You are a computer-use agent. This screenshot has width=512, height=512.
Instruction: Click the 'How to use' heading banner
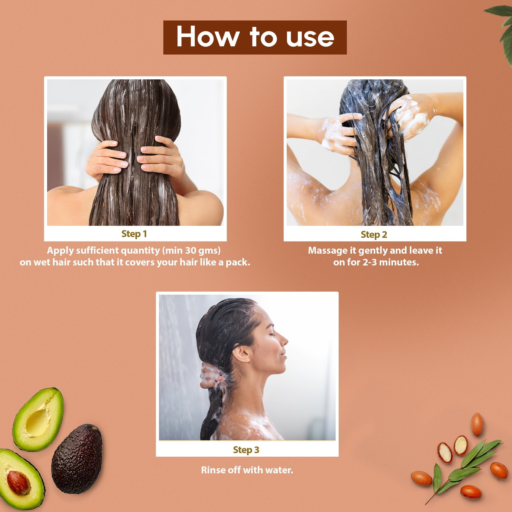255,37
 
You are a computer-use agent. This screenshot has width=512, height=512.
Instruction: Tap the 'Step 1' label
134,234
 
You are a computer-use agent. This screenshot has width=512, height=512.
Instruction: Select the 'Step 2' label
374,234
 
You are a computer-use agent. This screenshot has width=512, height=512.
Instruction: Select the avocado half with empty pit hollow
38,419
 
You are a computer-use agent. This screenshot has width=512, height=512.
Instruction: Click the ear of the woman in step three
242,354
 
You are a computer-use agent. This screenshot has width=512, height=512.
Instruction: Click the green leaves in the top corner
502,29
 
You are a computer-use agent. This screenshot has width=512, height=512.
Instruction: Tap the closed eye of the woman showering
271,334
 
